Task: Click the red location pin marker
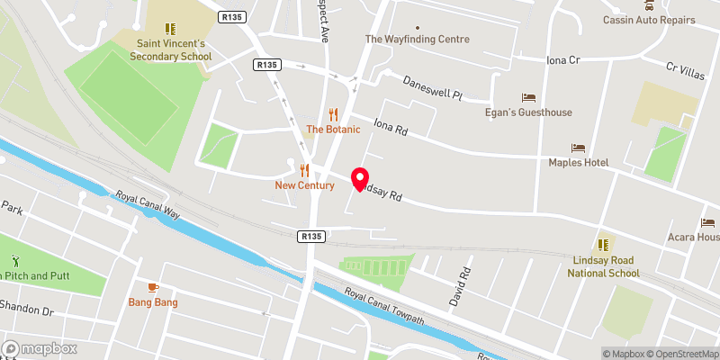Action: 360,179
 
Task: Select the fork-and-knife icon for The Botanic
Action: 334,113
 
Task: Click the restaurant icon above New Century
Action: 305,169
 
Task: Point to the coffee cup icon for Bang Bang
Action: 153,287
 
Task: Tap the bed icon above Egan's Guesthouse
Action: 528,96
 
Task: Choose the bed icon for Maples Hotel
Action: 578,147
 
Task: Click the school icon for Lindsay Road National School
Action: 603,244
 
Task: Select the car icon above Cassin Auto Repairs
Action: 649,4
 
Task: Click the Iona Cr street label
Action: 565,59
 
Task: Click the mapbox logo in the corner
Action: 40,348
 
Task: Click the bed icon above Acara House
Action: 709,222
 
